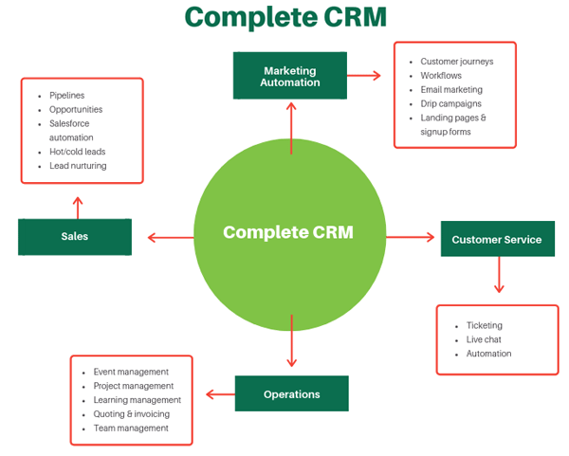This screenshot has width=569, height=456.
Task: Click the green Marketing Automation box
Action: (290, 76)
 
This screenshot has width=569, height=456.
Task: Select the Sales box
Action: (74, 236)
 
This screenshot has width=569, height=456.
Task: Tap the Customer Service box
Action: (497, 239)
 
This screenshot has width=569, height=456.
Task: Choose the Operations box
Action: (291, 393)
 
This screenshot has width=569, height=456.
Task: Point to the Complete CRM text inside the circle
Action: (288, 232)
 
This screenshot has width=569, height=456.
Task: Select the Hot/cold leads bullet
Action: (78, 152)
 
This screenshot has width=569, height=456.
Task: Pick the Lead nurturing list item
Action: (78, 166)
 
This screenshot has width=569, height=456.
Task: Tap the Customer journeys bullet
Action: (456, 62)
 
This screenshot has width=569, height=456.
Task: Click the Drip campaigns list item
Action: (450, 103)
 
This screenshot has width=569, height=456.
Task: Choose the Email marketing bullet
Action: (452, 89)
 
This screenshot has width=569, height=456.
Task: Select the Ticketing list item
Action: (484, 325)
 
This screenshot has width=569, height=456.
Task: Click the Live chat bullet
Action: (484, 339)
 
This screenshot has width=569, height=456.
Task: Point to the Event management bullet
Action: (131, 372)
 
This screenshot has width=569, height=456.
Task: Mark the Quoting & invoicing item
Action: (132, 413)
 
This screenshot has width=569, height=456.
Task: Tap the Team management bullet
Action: (131, 428)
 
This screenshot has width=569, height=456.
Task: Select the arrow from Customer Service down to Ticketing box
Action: (499, 277)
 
